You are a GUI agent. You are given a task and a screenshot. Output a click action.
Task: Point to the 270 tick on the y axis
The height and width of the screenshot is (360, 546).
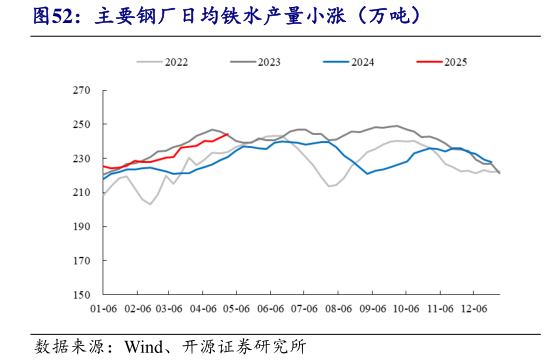click(x=83, y=91)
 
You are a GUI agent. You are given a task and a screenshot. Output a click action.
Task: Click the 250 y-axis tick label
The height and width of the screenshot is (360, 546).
click(x=83, y=125)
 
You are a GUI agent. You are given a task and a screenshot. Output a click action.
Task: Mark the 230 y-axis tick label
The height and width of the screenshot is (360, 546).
click(x=83, y=159)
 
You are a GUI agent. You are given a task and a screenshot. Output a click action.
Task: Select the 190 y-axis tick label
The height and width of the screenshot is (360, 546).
click(x=83, y=227)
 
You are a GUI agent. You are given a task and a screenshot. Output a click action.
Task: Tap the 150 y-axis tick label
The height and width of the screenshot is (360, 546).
click(x=83, y=295)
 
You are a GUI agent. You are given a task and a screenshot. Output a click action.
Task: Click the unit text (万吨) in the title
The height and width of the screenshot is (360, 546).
click(x=371, y=17)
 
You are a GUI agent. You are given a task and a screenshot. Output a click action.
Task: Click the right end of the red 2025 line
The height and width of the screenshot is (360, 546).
click(x=229, y=134)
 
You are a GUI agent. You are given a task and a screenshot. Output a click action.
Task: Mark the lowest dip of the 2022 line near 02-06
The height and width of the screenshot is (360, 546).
click(x=149, y=204)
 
